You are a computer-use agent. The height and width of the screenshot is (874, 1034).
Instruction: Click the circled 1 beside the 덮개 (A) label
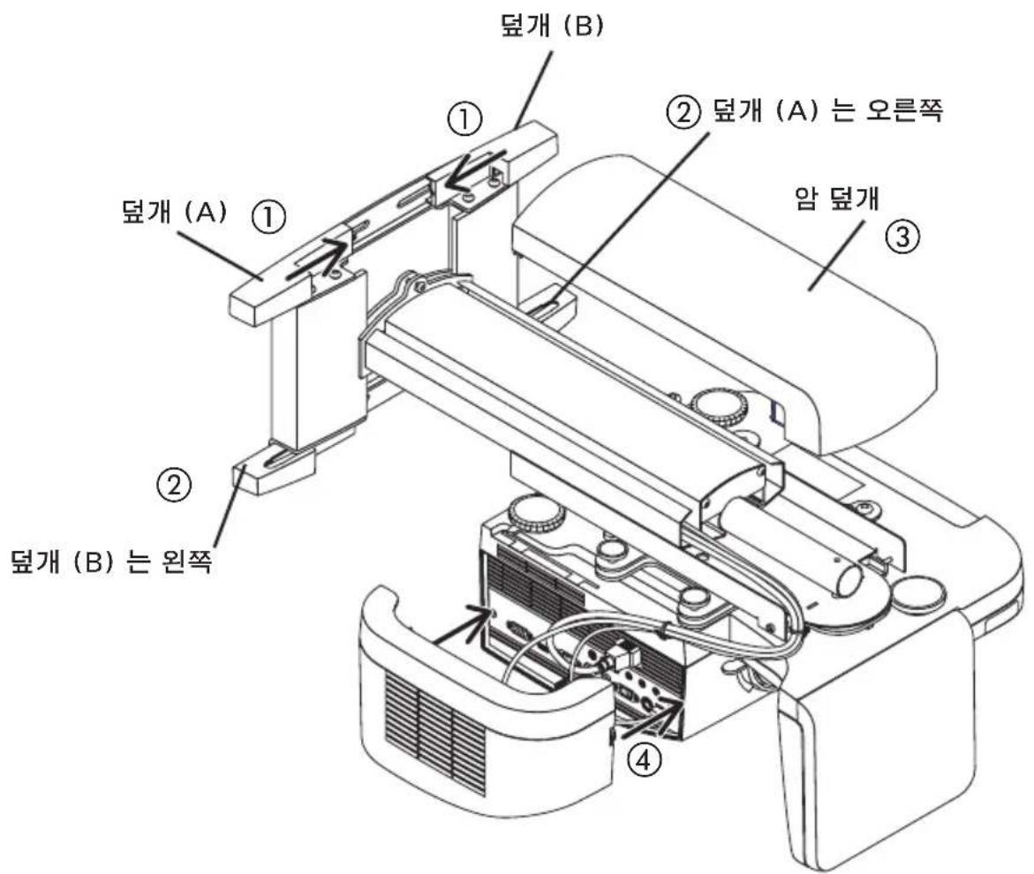[269, 216]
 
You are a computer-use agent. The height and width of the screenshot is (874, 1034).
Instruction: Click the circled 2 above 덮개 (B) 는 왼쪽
[174, 484]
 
